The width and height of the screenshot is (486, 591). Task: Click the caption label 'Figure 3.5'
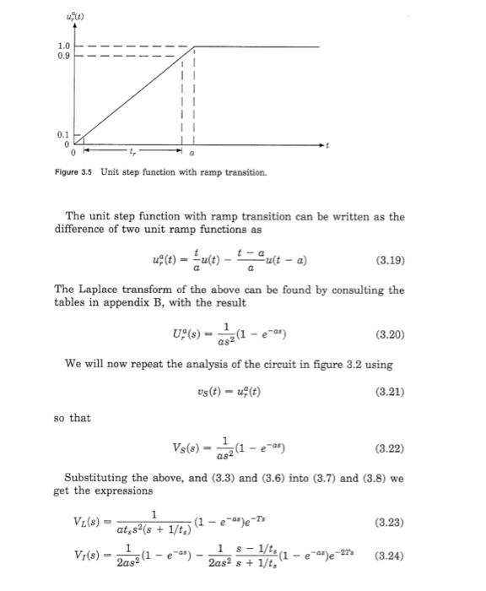pyautogui.click(x=75, y=173)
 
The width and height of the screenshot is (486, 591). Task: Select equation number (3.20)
pyautogui.click(x=388, y=334)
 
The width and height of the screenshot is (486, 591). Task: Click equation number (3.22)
pyautogui.click(x=388, y=451)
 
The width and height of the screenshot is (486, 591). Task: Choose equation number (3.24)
pyautogui.click(x=388, y=556)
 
